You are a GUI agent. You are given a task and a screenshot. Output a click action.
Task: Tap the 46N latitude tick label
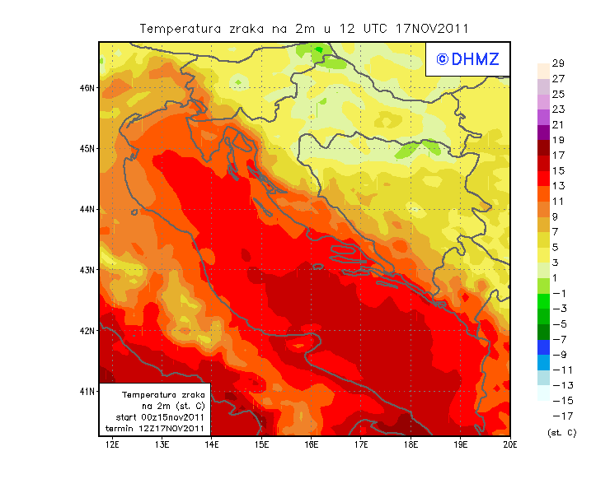[x=87, y=87]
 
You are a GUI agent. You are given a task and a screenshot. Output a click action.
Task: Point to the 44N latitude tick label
[x=87, y=209]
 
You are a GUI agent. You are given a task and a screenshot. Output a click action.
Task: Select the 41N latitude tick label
[x=87, y=391]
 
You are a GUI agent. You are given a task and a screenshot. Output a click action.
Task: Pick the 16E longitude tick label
[x=312, y=445]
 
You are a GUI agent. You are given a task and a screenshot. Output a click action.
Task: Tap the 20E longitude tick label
[x=510, y=445]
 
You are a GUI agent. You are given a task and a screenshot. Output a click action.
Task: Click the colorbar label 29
[x=558, y=63]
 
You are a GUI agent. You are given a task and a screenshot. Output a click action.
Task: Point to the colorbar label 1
[x=555, y=277]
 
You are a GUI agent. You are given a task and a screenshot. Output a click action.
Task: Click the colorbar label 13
[x=558, y=186]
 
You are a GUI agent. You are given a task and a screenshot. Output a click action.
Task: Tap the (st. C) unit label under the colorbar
[x=561, y=432]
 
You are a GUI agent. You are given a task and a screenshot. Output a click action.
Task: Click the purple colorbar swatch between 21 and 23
[x=542, y=117]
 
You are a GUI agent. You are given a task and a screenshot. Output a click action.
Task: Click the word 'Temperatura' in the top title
[x=181, y=28]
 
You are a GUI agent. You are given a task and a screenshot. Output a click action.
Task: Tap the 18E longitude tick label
[x=411, y=445]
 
